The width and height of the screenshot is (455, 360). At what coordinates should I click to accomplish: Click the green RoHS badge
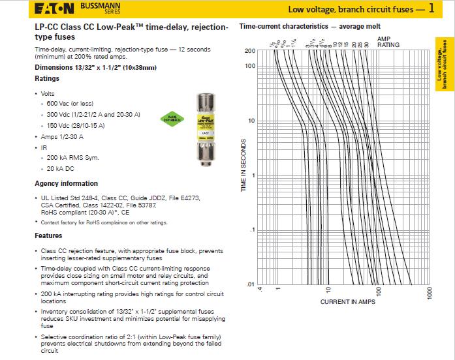pyautogui.click(x=168, y=118)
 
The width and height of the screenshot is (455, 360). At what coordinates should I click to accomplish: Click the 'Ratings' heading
pyautogui.click(x=47, y=79)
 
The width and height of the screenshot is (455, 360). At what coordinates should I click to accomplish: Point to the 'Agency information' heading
pyautogui.click(x=67, y=184)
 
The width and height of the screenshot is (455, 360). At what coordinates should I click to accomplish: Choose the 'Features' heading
pyautogui.click(x=49, y=235)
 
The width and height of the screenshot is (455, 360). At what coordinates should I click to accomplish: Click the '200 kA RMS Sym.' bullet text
pyautogui.click(x=72, y=157)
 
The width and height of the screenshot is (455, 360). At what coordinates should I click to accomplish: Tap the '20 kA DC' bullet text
pyautogui.click(x=61, y=168)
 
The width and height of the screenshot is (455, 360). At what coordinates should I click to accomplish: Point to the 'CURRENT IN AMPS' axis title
pyautogui.click(x=348, y=302)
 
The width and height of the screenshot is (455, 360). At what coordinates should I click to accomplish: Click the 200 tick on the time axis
pyautogui.click(x=249, y=51)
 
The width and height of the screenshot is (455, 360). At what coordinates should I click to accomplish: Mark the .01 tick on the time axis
pyautogui.click(x=249, y=284)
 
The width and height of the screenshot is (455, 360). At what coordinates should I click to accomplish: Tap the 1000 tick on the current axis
pyautogui.click(x=430, y=293)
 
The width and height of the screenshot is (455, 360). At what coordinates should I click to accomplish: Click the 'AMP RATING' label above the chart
pyautogui.click(x=388, y=42)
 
